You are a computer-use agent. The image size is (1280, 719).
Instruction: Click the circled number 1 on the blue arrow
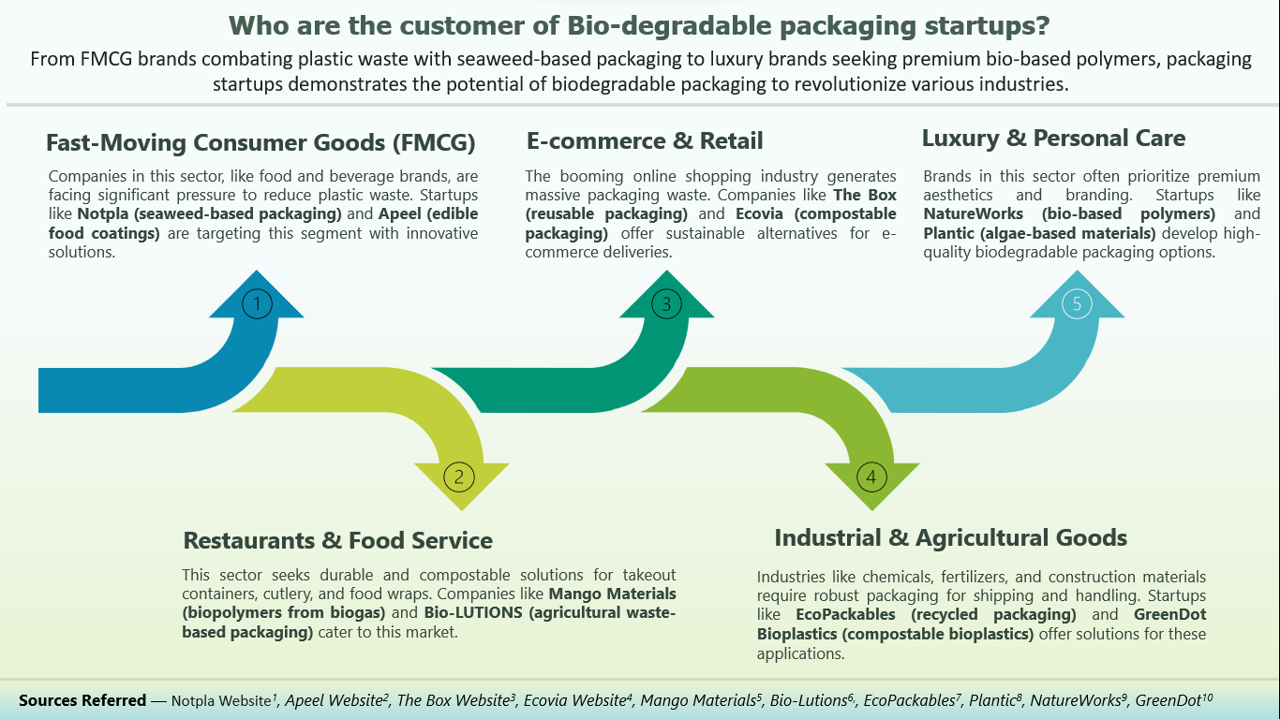[257, 303]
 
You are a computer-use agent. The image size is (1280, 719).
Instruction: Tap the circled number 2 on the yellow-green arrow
[459, 477]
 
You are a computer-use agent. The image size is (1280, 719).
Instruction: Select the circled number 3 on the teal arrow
[666, 303]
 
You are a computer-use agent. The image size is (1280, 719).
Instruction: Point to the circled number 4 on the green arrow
[871, 477]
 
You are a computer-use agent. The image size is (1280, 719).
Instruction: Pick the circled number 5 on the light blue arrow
[1077, 303]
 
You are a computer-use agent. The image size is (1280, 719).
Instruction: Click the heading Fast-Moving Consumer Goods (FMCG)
[260, 143]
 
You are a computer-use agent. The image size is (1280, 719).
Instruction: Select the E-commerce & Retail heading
[645, 141]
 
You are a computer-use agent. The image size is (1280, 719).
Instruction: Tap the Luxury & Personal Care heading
[1053, 139]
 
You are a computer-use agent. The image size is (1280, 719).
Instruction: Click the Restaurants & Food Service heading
[337, 540]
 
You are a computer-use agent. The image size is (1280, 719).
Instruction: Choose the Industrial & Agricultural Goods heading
[950, 537]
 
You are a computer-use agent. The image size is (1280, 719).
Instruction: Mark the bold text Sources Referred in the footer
[82, 700]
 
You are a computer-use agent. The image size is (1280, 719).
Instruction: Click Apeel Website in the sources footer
[337, 700]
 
